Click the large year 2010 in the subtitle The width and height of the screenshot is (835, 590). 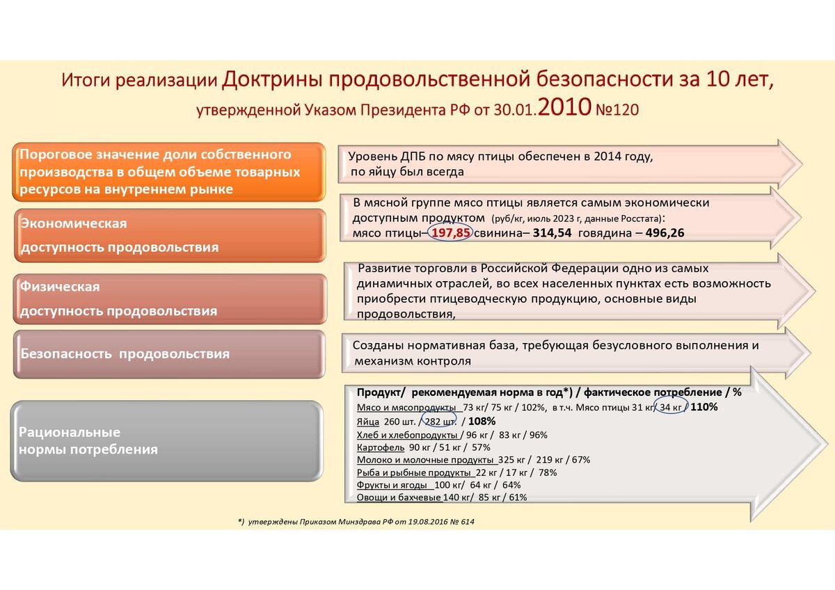tap(564, 106)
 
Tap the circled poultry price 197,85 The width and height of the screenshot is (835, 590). tap(451, 233)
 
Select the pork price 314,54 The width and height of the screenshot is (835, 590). tap(552, 233)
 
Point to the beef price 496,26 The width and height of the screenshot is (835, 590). tap(665, 233)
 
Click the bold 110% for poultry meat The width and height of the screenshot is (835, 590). tap(703, 406)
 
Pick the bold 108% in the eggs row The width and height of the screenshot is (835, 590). tap(482, 421)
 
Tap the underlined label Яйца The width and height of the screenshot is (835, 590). tap(368, 422)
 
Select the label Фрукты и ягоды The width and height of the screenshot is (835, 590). tap(392, 485)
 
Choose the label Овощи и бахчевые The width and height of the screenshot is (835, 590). tap(399, 497)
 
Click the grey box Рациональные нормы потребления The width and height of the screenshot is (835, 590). tap(166, 441)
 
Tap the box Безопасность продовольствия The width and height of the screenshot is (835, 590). tap(169, 354)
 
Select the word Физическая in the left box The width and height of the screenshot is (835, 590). tap(60, 287)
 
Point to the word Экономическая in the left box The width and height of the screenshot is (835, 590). tap(74, 223)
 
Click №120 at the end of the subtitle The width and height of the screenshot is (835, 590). tap(617, 110)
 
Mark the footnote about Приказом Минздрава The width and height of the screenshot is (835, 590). tap(356, 522)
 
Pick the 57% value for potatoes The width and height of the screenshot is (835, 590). tap(481, 447)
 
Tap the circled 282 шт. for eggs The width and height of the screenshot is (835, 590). tap(440, 422)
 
